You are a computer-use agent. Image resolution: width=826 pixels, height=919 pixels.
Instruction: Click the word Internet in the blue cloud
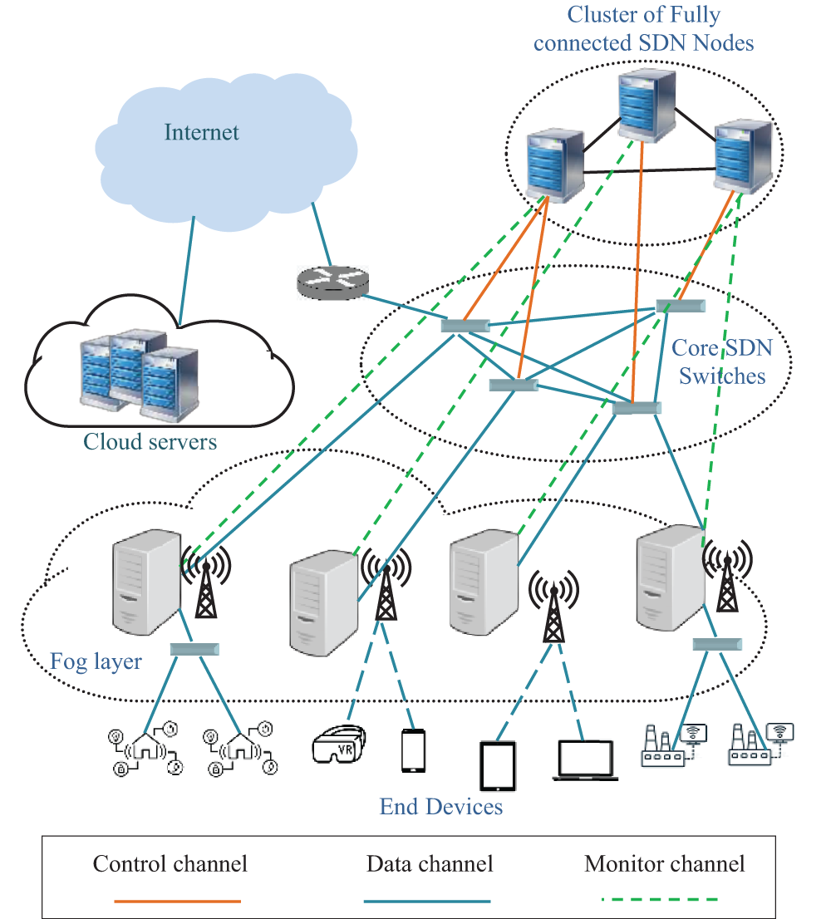(202, 132)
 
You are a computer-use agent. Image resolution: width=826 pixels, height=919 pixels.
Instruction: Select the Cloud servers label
(150, 440)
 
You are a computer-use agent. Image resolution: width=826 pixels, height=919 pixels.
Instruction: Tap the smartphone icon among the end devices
(413, 751)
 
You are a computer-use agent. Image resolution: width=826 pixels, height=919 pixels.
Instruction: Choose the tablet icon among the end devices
(497, 765)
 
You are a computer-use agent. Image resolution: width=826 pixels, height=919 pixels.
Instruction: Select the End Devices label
(441, 807)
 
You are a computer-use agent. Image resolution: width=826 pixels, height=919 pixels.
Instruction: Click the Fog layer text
(96, 662)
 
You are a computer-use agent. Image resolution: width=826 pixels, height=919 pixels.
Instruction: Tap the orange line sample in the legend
(178, 900)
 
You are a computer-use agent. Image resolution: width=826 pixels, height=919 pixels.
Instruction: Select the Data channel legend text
(430, 864)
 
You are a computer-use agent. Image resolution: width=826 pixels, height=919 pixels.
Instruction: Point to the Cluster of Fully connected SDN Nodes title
(643, 28)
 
